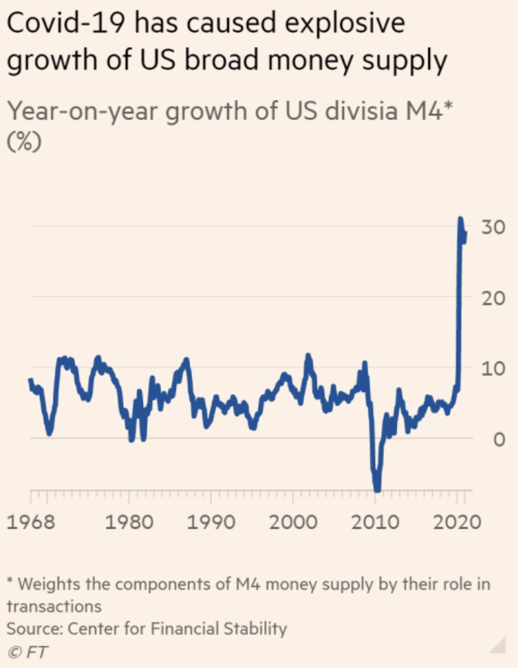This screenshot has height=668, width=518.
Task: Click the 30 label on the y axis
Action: [x=493, y=227]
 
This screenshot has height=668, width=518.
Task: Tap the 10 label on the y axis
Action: [x=493, y=368]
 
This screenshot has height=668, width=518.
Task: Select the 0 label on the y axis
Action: [x=498, y=439]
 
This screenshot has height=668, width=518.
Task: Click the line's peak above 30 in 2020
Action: [x=461, y=219]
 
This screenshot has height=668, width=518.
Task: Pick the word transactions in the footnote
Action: [x=54, y=606]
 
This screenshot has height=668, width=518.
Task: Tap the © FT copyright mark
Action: [x=28, y=651]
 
